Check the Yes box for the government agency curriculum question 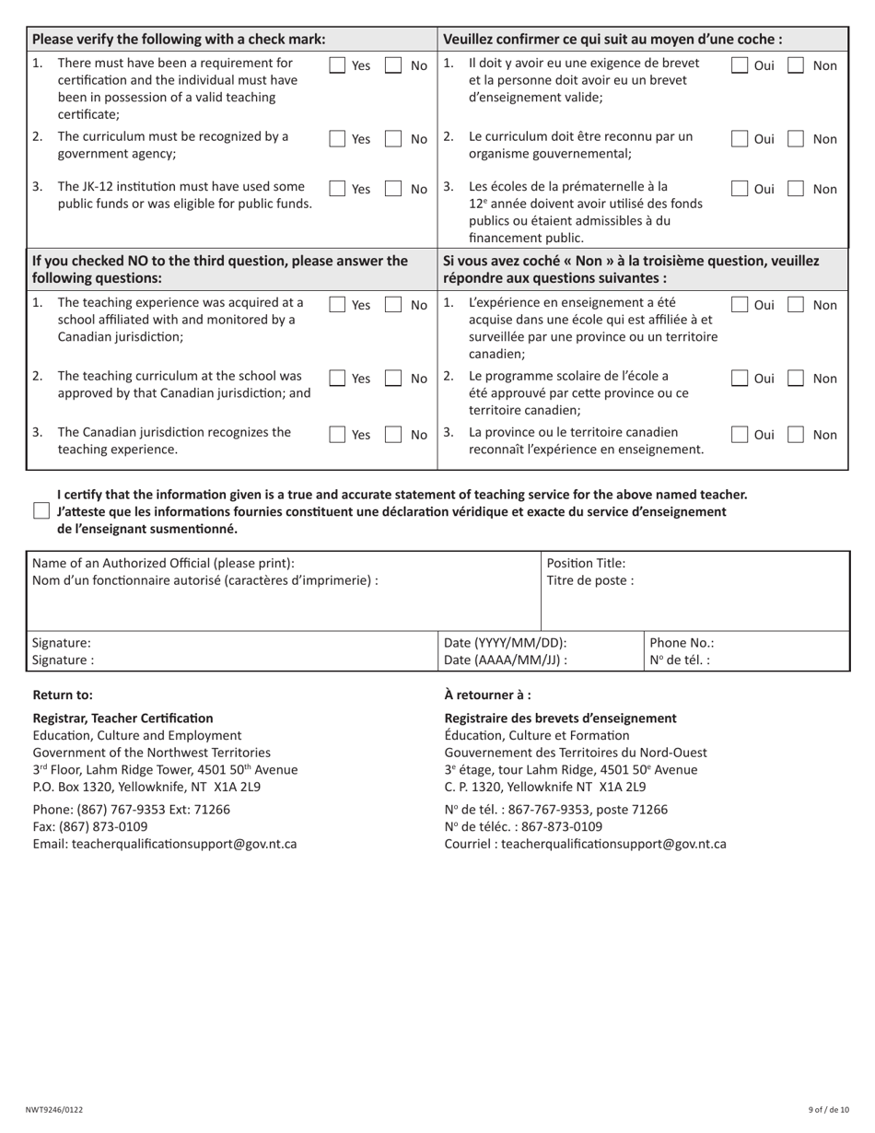click(x=338, y=139)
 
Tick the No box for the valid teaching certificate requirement click(x=393, y=65)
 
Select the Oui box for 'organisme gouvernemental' click(x=740, y=139)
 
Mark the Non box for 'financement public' click(x=796, y=189)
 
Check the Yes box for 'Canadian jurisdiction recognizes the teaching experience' click(x=338, y=434)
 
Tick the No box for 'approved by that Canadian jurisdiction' click(x=393, y=379)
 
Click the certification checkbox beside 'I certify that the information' click(x=41, y=511)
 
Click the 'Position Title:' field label click(x=586, y=564)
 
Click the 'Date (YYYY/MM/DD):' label click(x=505, y=643)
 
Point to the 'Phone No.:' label click(x=682, y=643)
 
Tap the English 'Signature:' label click(x=62, y=643)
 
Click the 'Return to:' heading click(x=63, y=695)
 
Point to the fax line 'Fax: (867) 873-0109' click(x=90, y=826)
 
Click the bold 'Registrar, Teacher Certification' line click(x=122, y=718)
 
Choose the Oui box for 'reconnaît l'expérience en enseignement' click(x=740, y=434)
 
